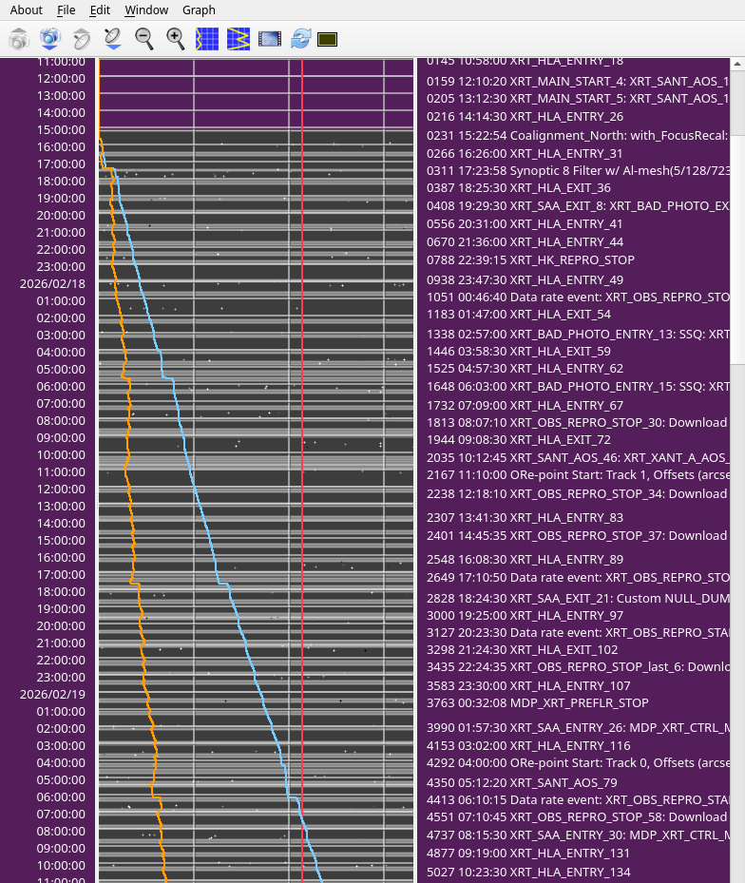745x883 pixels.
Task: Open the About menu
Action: [x=26, y=10]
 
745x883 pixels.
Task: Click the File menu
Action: [x=66, y=10]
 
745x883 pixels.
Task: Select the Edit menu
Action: [x=100, y=10]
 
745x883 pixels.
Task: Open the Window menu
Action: [x=146, y=10]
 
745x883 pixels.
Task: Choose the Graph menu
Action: [x=199, y=10]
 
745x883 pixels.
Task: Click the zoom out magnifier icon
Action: [x=144, y=39]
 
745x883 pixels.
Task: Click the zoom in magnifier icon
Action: [x=176, y=39]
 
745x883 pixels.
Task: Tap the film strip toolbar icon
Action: [x=270, y=39]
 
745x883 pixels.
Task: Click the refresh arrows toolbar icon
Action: [x=301, y=39]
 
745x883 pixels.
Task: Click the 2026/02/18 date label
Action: [x=52, y=283]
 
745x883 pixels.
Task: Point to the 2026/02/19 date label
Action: [x=52, y=694]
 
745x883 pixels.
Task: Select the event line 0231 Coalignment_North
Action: [x=577, y=136]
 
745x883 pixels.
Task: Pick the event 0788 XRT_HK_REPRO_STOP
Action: [x=530, y=259]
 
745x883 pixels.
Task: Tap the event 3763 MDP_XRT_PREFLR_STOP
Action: [x=538, y=702]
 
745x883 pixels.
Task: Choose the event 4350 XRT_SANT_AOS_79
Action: [x=522, y=782]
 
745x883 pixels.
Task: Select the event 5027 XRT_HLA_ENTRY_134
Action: [x=528, y=872]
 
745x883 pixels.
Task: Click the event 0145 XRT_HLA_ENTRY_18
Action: [x=525, y=60]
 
